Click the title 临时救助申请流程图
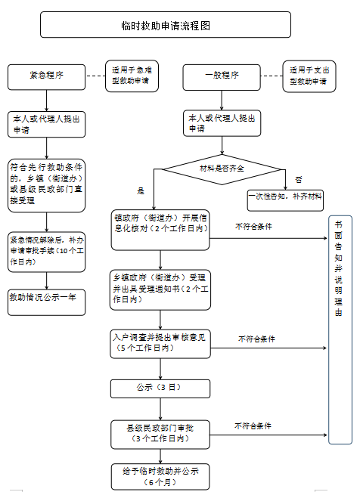[x=166, y=25]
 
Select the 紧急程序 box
[x=46, y=77]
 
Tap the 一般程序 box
[x=222, y=77]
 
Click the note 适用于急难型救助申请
[x=132, y=76]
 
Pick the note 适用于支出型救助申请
[x=309, y=76]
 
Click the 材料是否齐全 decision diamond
[x=222, y=169]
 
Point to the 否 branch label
[x=299, y=180]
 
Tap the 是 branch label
[x=141, y=190]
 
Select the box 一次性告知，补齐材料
[x=285, y=200]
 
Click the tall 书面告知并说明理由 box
[x=340, y=330]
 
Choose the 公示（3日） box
[x=160, y=388]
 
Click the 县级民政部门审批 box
[x=160, y=435]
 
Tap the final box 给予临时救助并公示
[x=160, y=477]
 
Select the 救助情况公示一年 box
[x=46, y=302]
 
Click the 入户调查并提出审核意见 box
[x=160, y=344]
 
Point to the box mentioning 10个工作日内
[x=46, y=252]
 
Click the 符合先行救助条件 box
[x=46, y=185]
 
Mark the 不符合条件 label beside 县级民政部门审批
[x=253, y=425]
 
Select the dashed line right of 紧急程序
[x=95, y=76]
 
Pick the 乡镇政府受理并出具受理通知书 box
[x=160, y=290]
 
